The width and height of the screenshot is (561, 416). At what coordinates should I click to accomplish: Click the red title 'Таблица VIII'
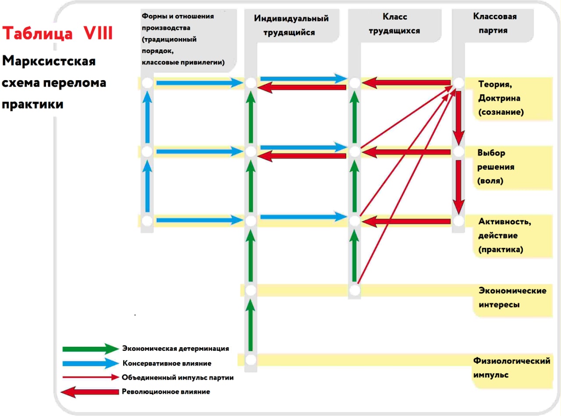(57, 33)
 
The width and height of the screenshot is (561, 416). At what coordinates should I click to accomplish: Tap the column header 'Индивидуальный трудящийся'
(291, 25)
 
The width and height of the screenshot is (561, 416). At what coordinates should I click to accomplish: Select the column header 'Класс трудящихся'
(394, 24)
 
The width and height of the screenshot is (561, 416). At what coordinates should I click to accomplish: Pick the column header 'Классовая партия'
(494, 23)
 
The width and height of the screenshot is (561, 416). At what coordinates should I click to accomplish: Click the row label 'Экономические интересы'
(512, 297)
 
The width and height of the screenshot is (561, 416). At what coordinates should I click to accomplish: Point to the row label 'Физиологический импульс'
(511, 367)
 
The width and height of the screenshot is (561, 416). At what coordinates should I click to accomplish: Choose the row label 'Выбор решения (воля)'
(496, 166)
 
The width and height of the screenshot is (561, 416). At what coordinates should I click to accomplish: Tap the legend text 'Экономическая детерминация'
(176, 348)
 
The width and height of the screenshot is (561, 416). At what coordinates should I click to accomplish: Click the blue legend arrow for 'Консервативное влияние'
(91, 363)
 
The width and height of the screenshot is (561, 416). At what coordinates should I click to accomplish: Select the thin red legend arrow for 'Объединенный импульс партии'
(91, 377)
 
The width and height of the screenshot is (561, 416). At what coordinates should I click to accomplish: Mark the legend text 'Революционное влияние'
(166, 391)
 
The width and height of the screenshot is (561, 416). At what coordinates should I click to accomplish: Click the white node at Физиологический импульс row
(251, 360)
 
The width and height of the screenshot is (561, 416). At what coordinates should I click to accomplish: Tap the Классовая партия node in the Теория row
(458, 83)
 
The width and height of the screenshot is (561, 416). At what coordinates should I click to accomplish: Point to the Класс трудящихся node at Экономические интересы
(355, 290)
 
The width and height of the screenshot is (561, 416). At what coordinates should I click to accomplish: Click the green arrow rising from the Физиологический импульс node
(250, 325)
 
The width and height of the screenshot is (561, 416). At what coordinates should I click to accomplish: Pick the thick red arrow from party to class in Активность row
(406, 222)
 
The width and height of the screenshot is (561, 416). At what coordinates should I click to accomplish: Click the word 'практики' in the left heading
(32, 104)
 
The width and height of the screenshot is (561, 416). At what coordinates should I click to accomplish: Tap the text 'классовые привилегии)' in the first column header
(183, 62)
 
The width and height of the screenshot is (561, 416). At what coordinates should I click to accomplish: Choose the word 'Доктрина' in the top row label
(499, 98)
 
